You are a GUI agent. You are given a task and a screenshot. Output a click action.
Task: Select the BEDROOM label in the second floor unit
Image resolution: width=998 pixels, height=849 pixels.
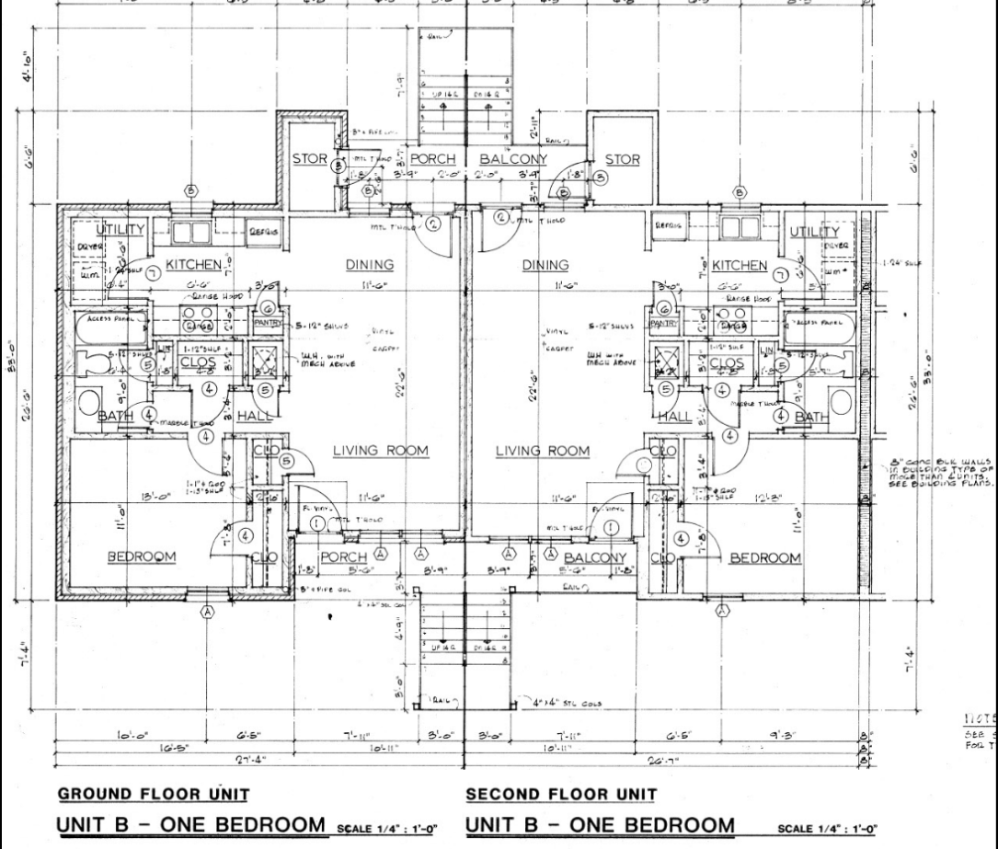point(765,557)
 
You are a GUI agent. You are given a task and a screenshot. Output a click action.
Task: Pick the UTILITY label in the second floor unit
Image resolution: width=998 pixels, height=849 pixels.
point(816,231)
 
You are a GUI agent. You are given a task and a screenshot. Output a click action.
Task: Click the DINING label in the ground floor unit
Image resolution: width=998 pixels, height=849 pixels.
point(369,265)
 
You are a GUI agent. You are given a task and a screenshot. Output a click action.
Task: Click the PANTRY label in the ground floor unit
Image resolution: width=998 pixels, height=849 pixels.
point(269,324)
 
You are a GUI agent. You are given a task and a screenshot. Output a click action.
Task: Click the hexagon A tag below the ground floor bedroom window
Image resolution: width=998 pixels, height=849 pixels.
point(208,612)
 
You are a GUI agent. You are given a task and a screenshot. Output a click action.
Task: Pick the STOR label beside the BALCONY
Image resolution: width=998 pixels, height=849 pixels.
point(624,159)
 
